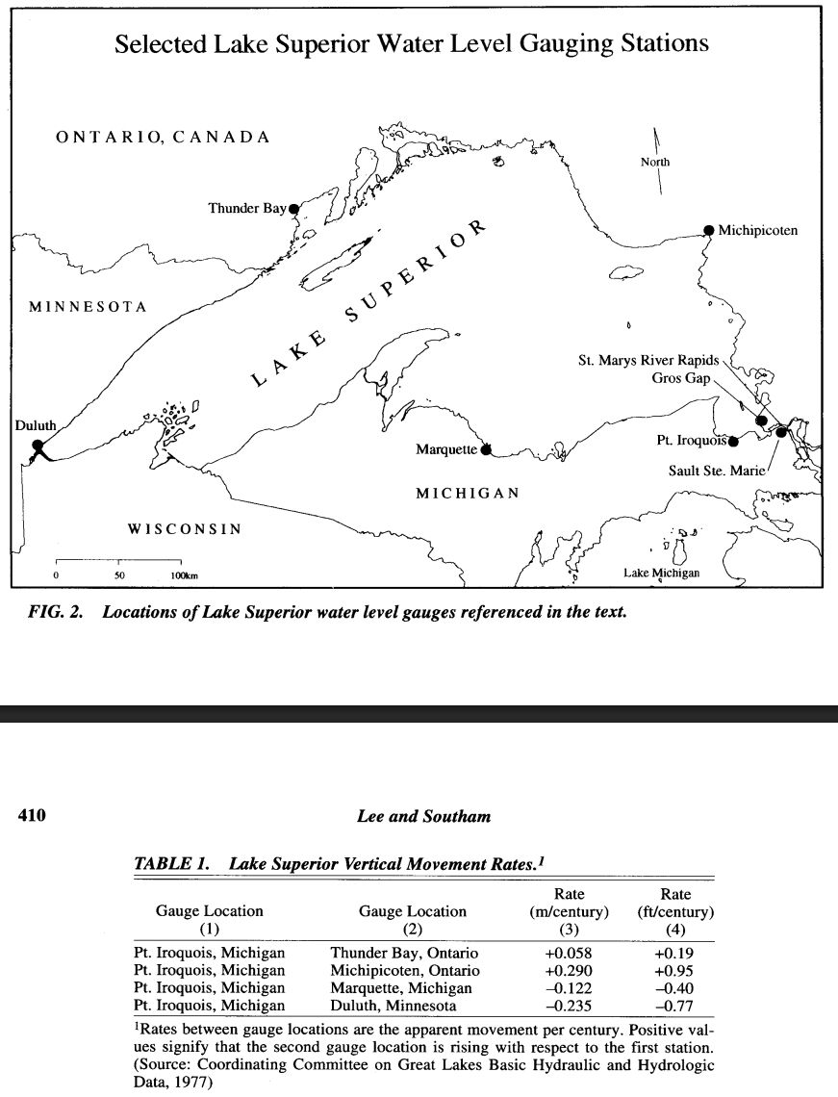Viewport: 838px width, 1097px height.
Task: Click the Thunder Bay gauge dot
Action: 294,208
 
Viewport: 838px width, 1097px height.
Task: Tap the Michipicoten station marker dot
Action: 709,230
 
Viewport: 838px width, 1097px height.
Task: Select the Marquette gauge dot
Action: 486,448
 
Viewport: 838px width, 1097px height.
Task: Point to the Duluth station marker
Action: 38,446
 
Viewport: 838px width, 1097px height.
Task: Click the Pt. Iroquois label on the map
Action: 691,441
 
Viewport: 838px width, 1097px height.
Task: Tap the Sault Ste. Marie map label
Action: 717,472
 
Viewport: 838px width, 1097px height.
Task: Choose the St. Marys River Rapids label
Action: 648,361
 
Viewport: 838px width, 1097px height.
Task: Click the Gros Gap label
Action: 681,378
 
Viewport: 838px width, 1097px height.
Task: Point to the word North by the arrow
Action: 655,162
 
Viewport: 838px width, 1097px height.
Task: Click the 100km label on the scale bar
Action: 185,575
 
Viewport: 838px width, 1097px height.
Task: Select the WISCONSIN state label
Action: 185,529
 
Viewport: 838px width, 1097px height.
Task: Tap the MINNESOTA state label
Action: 88,307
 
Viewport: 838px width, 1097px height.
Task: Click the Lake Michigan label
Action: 661,574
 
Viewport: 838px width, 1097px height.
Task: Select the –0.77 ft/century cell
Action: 675,1006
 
